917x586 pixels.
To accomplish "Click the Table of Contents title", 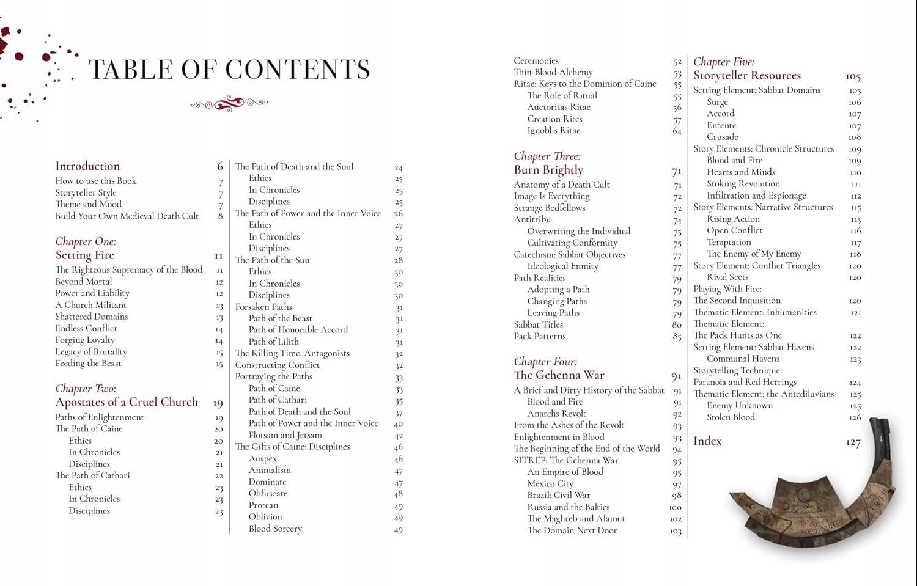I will [229, 70].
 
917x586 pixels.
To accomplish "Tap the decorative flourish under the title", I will [229, 104].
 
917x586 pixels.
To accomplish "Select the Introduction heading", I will [87, 166].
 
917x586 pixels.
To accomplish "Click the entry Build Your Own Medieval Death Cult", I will [127, 216].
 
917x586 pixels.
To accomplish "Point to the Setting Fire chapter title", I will [85, 255].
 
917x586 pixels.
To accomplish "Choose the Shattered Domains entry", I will [92, 317].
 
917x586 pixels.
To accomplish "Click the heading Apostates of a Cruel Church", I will [127, 402].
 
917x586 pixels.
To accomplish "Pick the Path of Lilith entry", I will [274, 342].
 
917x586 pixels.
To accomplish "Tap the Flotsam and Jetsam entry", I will [285, 435].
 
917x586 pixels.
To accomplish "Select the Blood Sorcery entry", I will [275, 529].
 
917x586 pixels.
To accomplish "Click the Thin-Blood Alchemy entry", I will [553, 72].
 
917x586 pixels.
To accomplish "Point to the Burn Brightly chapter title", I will [548, 170].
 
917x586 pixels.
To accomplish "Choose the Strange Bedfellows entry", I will [550, 208].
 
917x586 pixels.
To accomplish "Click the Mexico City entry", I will [550, 483].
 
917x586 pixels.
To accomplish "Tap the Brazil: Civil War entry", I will [559, 495].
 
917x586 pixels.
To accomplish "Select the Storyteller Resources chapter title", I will [747, 76].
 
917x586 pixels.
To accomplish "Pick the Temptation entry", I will [729, 242].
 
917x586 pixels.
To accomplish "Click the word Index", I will [707, 441].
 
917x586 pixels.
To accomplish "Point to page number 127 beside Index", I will [853, 442].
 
